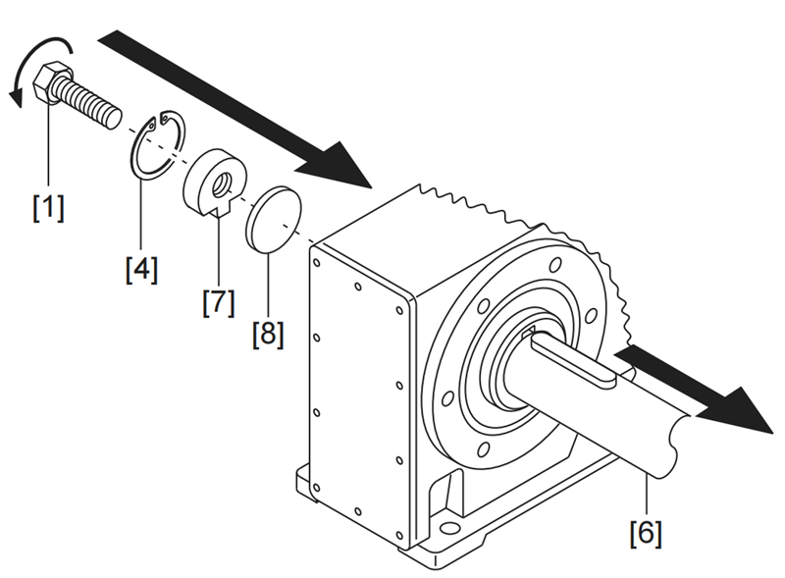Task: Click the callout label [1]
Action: point(48,207)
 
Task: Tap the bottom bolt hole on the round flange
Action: point(485,449)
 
